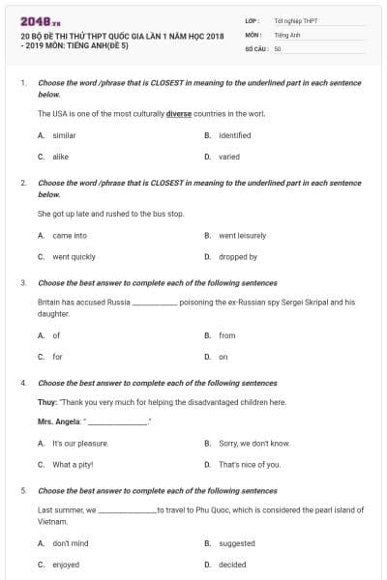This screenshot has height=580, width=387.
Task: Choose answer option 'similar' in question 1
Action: click(64, 135)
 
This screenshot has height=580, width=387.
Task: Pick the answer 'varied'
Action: click(229, 156)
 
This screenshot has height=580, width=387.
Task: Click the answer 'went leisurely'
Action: click(242, 235)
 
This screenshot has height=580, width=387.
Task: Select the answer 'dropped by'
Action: click(238, 257)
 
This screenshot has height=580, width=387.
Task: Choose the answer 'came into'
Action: click(70, 235)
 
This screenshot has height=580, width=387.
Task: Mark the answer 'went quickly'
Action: click(74, 257)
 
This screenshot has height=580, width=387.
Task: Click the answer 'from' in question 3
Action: click(227, 335)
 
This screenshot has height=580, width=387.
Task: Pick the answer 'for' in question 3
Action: click(57, 357)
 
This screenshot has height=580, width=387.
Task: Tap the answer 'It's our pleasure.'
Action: click(80, 443)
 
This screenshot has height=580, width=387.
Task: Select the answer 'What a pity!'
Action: click(73, 464)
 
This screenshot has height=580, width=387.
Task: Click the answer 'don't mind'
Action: click(71, 543)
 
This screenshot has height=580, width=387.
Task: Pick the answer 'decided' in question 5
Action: click(232, 565)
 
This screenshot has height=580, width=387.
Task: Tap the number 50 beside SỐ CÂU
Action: click(278, 47)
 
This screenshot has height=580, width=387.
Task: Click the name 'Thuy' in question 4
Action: click(46, 402)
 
